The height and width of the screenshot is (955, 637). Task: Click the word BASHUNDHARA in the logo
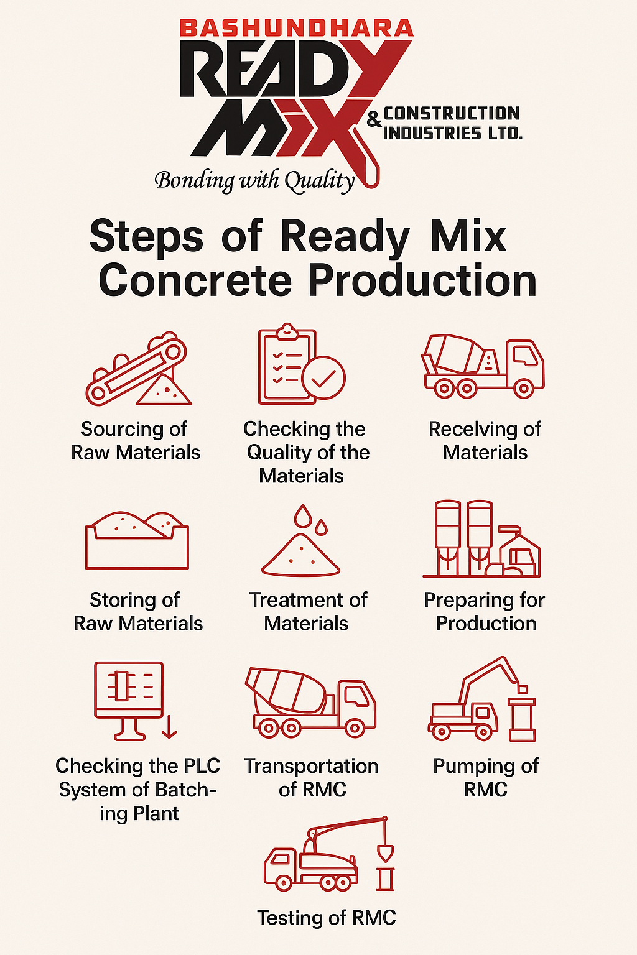(x=297, y=29)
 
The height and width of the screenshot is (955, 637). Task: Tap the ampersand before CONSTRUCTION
(x=374, y=120)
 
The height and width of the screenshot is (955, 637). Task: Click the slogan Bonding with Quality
(x=254, y=180)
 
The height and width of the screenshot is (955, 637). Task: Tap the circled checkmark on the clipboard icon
(x=323, y=377)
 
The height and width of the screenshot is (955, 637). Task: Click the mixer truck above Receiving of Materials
(x=483, y=366)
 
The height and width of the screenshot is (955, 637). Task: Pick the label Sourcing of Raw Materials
(x=136, y=440)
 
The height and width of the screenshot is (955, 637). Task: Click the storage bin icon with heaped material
(x=137, y=540)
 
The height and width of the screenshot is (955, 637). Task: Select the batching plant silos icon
(x=481, y=539)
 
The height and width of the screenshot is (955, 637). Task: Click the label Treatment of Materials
(x=308, y=611)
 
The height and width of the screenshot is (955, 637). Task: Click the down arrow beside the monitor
(x=169, y=727)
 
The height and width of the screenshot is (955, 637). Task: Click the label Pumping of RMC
(x=486, y=778)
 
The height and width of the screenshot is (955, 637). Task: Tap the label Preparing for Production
(x=484, y=611)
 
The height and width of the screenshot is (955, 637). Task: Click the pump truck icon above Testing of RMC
(x=328, y=854)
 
